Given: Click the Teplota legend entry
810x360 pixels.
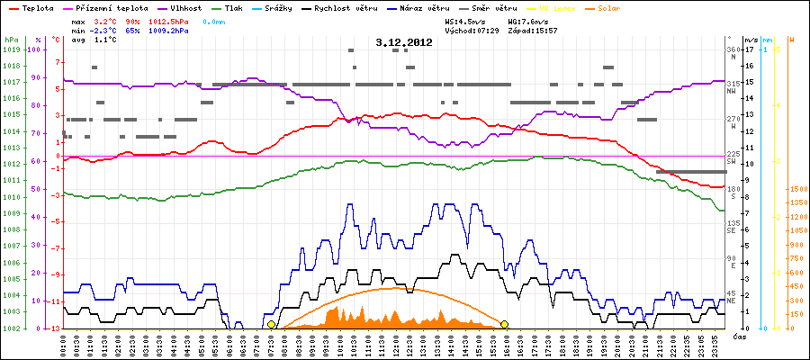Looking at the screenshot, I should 32,7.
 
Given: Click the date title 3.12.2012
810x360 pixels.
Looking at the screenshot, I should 404,41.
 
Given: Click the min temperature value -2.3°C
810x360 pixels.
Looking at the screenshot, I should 107,30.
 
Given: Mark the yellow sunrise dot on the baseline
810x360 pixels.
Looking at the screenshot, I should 271,324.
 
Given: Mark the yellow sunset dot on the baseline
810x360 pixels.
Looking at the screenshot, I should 505,324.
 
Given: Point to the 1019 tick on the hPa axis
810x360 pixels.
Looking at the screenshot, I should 11,49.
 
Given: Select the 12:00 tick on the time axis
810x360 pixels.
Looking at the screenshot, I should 395,345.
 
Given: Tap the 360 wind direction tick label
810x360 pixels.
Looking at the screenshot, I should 732,49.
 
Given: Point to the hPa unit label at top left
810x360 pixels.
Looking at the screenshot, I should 11,40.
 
